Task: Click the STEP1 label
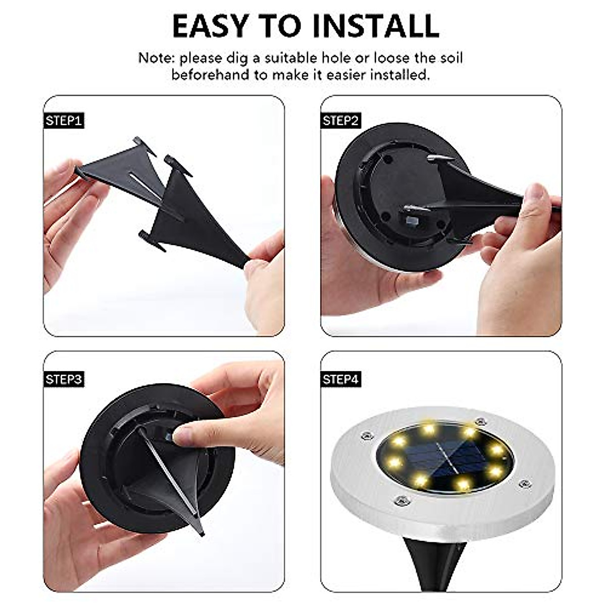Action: [x=64, y=121]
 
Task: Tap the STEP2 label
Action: [x=341, y=121]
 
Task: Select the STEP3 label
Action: [x=64, y=379]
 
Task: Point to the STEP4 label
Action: [x=341, y=379]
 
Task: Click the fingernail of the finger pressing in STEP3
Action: [x=181, y=434]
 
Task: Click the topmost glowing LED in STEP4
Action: [x=429, y=429]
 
